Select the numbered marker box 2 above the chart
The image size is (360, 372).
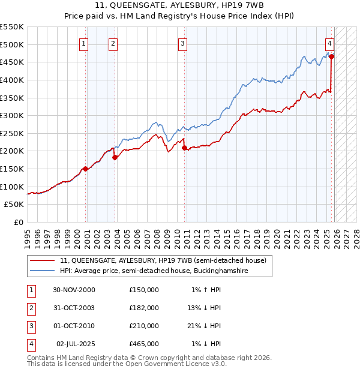[113, 43]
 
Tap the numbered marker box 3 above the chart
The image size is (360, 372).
[182, 43]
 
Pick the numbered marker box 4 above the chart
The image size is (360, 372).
[330, 43]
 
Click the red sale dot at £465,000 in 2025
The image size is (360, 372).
[332, 56]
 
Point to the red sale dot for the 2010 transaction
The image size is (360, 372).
[184, 148]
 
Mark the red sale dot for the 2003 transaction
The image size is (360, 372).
[115, 158]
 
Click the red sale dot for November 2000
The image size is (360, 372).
[86, 169]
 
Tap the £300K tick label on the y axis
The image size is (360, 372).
[12, 115]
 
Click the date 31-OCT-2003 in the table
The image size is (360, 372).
[74, 307]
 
